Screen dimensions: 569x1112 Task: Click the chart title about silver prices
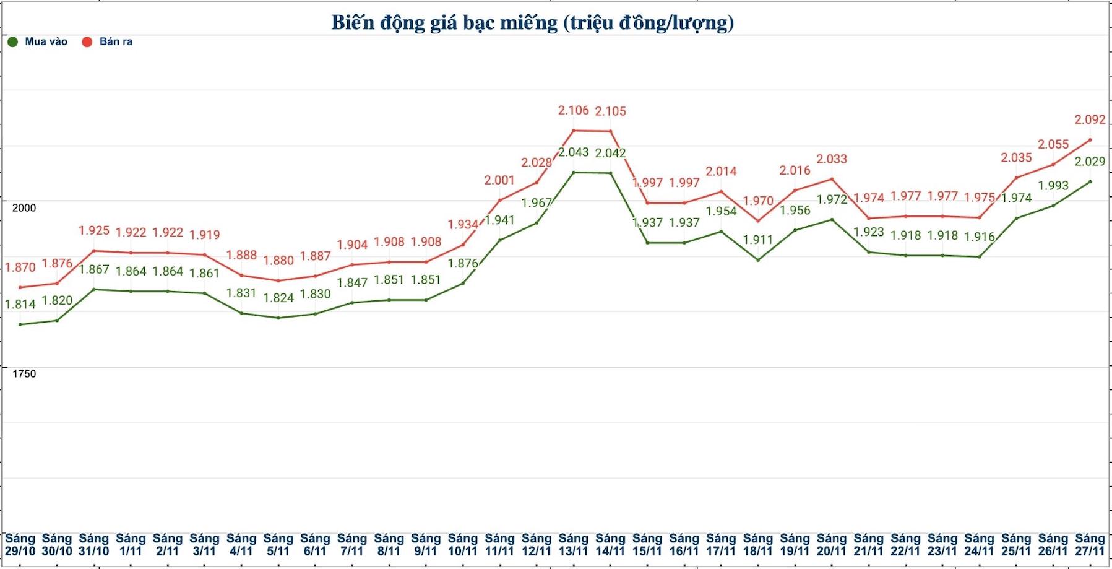tap(532, 23)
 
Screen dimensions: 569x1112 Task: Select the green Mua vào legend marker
tap(12, 42)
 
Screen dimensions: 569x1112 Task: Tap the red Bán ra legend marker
tap(87, 42)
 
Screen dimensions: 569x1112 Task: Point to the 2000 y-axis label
tap(24, 208)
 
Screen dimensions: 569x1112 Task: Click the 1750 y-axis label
tap(24, 374)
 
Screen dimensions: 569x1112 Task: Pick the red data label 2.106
tap(573, 111)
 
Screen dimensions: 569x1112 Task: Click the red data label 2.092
tap(1090, 120)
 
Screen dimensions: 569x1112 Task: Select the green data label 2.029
tap(1090, 162)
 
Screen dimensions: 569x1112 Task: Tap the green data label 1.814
tap(20, 305)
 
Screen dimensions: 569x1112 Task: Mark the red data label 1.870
tap(20, 267)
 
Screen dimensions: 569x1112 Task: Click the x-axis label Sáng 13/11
tap(573, 545)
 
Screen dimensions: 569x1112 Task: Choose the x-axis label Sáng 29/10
tap(20, 545)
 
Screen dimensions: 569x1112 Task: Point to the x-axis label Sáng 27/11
tap(1090, 545)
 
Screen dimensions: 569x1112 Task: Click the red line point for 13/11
tap(574, 131)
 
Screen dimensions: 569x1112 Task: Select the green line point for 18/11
tap(758, 260)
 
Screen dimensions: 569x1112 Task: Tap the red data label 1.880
tap(278, 261)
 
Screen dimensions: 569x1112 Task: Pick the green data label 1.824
tap(278, 298)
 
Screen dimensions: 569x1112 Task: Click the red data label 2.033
tap(832, 159)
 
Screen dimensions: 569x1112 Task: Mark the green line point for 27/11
tap(1090, 182)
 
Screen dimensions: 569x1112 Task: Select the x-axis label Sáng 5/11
tap(278, 545)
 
